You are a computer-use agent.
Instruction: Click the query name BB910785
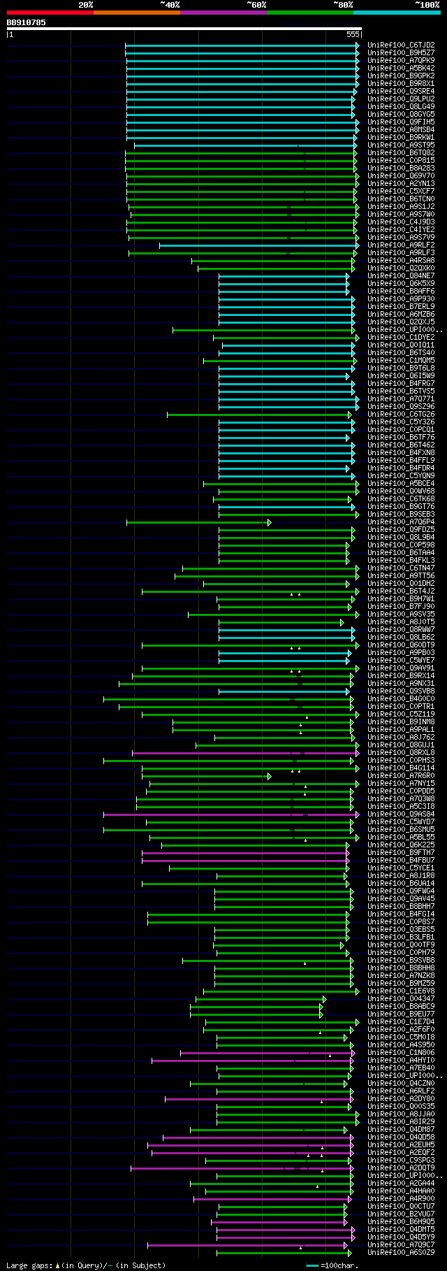tap(27, 22)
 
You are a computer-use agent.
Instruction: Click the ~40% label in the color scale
tap(170, 5)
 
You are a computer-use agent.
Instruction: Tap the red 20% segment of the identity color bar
tap(50, 13)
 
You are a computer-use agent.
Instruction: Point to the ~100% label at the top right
tap(426, 5)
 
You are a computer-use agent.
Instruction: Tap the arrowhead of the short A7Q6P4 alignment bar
tap(269, 522)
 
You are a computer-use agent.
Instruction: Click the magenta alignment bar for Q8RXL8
tap(244, 753)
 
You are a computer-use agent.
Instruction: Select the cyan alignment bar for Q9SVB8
tap(283, 691)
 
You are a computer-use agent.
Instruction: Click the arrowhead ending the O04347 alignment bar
tap(324, 999)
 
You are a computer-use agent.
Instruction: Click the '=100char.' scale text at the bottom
tap(339, 1265)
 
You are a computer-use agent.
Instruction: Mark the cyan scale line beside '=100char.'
tap(312, 1265)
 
